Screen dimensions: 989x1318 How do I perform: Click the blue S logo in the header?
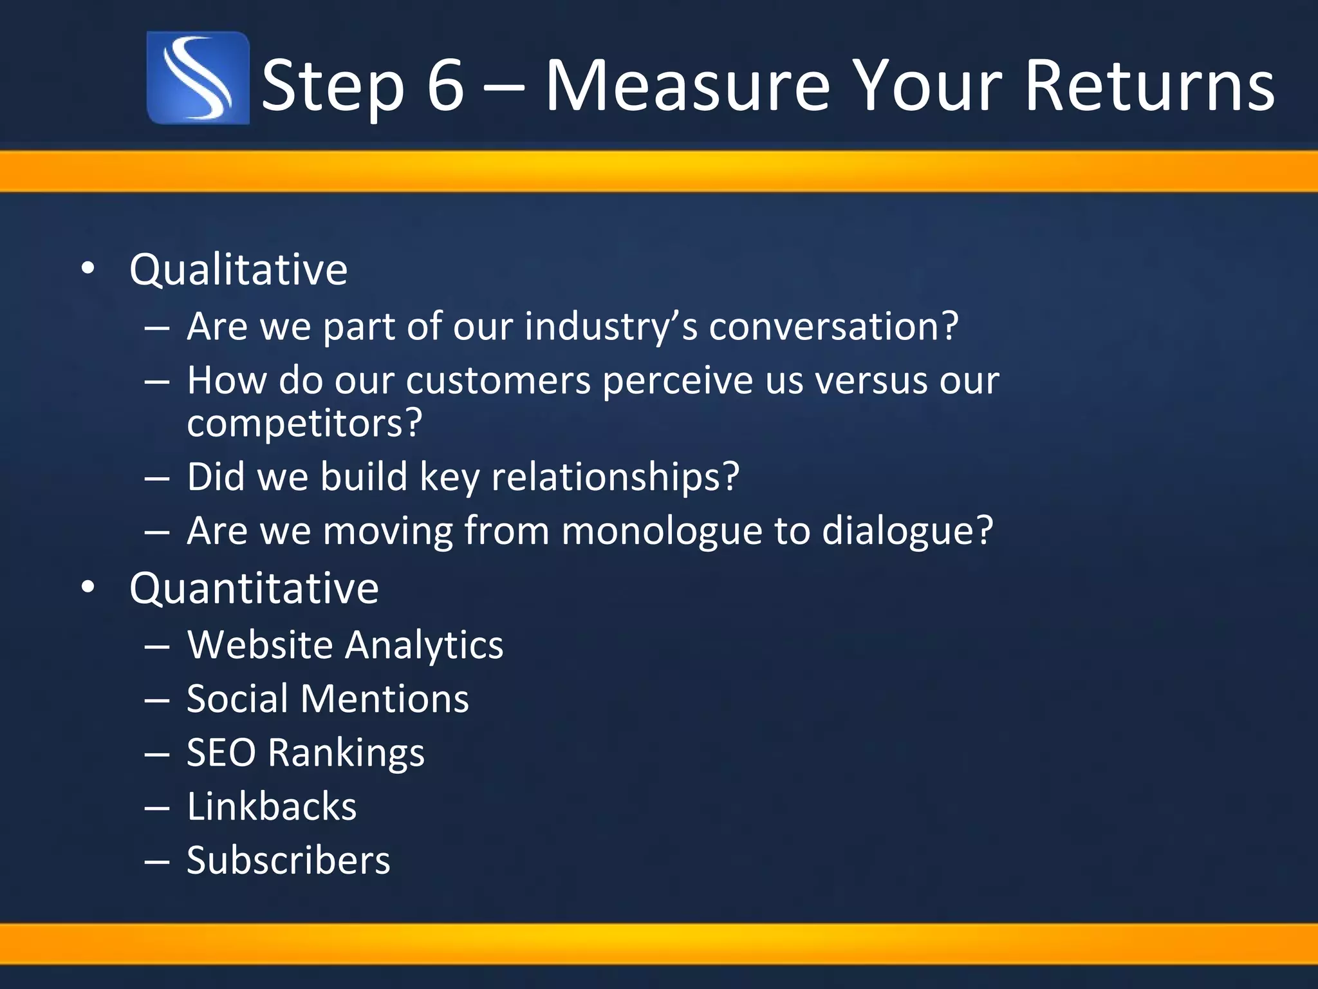tap(198, 78)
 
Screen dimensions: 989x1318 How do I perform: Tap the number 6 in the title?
tap(445, 86)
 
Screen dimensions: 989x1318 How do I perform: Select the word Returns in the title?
tap(1149, 86)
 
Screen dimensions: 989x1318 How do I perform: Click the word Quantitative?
tap(254, 588)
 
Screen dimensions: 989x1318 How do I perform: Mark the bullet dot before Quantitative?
tap(88, 587)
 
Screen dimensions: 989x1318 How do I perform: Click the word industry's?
tap(611, 326)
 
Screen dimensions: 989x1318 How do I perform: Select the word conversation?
tap(833, 326)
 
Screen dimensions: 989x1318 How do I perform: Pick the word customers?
tap(498, 380)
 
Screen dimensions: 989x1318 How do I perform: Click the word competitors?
tap(304, 423)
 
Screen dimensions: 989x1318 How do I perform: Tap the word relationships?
tap(615, 477)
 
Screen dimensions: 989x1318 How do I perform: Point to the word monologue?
tap(662, 531)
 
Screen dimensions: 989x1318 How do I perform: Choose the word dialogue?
tap(907, 531)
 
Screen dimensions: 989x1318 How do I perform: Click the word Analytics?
tap(424, 645)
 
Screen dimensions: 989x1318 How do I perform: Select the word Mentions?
tap(384, 699)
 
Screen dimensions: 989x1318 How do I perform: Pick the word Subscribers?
tap(288, 860)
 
